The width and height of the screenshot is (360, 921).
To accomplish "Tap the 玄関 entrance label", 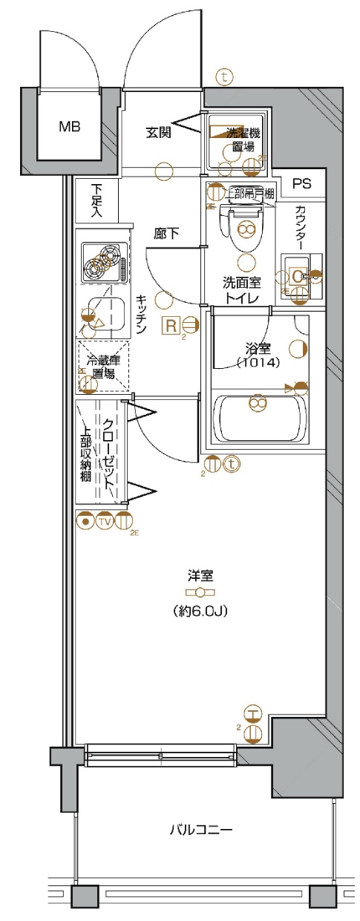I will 158,133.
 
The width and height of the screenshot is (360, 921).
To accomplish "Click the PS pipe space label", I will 301,184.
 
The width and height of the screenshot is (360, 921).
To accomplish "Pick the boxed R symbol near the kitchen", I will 171,324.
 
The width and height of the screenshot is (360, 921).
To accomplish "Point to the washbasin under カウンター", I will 299,277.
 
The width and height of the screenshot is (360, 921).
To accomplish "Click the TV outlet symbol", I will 104,522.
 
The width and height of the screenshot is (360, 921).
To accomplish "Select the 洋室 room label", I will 200,574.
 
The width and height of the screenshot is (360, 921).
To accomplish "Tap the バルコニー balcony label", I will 200,829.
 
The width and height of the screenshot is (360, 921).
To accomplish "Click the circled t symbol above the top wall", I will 223,76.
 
